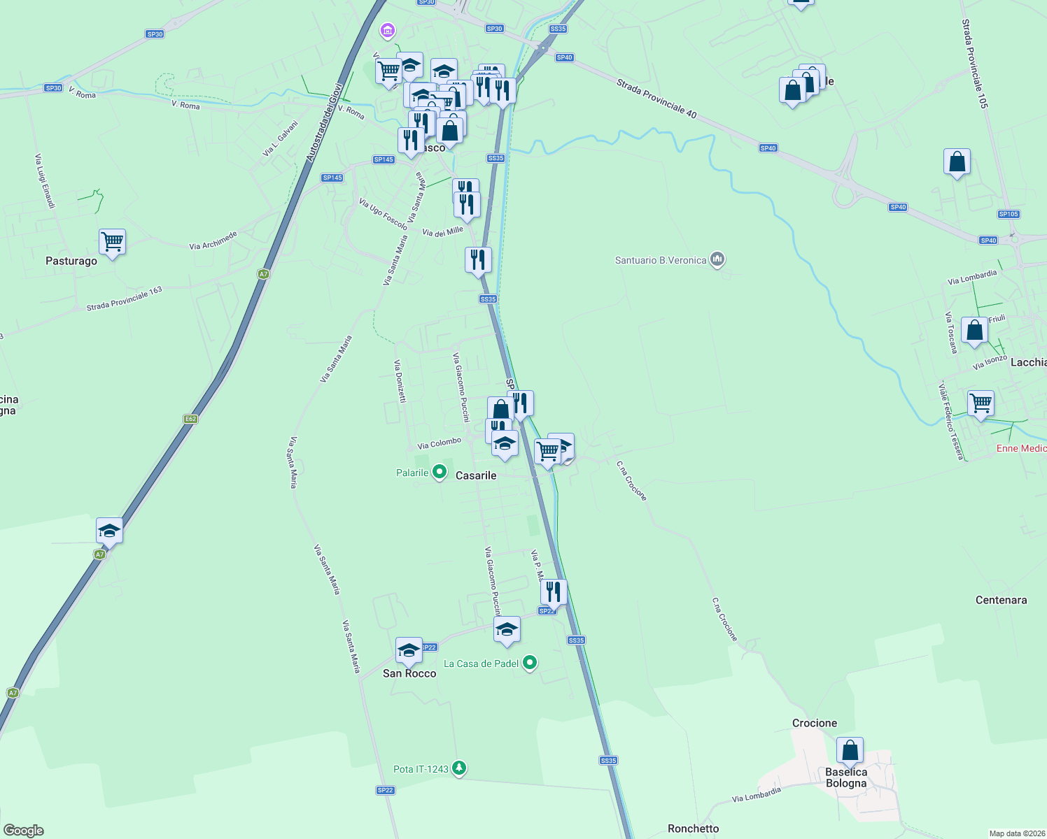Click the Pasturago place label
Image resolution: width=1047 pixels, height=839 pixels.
point(71,261)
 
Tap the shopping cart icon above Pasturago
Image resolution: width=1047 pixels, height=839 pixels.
point(112,242)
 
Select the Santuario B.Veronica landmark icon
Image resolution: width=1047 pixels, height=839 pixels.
point(717,260)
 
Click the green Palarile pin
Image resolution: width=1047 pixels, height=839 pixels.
point(440,473)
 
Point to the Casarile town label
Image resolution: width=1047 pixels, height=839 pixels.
point(476,475)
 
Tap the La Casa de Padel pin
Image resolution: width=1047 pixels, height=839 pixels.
point(530,663)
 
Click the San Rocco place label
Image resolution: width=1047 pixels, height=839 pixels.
point(409,673)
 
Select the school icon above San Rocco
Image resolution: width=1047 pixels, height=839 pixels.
point(409,651)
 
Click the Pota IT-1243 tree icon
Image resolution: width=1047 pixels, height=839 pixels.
point(458,768)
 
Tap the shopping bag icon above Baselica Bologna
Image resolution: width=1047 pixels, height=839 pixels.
point(850,751)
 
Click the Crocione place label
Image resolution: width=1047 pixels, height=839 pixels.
point(814,723)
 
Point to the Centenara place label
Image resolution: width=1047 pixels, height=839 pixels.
point(1001,600)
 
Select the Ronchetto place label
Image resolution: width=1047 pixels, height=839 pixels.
point(693,829)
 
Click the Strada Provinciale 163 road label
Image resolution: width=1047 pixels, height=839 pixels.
point(125,299)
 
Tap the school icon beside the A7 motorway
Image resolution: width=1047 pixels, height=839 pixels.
point(110,531)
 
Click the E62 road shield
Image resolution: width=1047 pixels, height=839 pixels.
point(190,419)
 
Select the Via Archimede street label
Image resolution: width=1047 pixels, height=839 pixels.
point(213,241)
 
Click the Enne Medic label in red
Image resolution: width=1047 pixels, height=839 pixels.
point(1021,448)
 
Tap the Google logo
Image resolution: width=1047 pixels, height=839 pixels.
point(24,831)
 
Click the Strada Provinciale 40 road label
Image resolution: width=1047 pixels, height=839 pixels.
point(656,99)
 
